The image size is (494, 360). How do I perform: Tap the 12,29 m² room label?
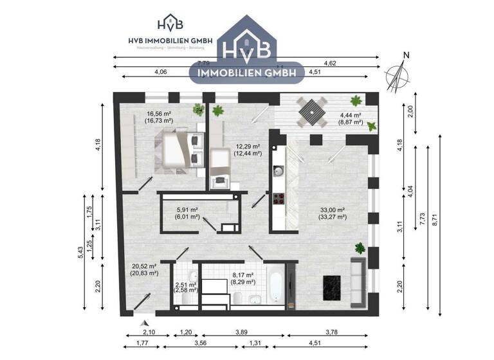[x=248, y=150]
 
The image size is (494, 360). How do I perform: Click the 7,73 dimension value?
[x=423, y=219]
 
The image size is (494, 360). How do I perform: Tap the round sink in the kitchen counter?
[x=279, y=171]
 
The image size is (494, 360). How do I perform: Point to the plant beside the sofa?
[x=360, y=247]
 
